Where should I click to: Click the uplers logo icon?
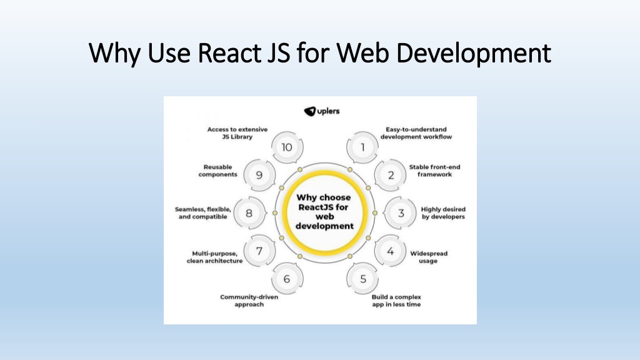[x=311, y=111]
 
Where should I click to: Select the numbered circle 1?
[x=362, y=147]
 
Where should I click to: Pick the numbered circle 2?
[x=391, y=175]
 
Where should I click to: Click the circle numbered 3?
[x=401, y=212]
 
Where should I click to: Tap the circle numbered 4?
[x=390, y=251]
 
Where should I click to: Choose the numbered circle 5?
[x=362, y=279]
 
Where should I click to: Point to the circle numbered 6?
[x=287, y=279]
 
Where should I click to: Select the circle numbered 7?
[x=259, y=251]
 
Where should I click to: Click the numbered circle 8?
[x=249, y=213]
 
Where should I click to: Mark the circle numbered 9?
[x=259, y=175]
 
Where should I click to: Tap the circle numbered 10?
[x=287, y=147]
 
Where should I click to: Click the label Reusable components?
[x=218, y=171]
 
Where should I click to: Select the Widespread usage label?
[x=429, y=257]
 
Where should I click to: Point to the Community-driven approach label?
[x=249, y=301]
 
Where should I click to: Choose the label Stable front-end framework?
[x=431, y=171]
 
